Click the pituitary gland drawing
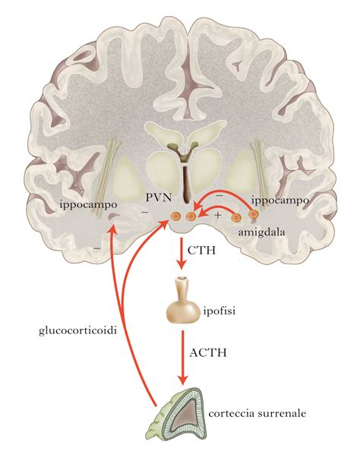[182, 303]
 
